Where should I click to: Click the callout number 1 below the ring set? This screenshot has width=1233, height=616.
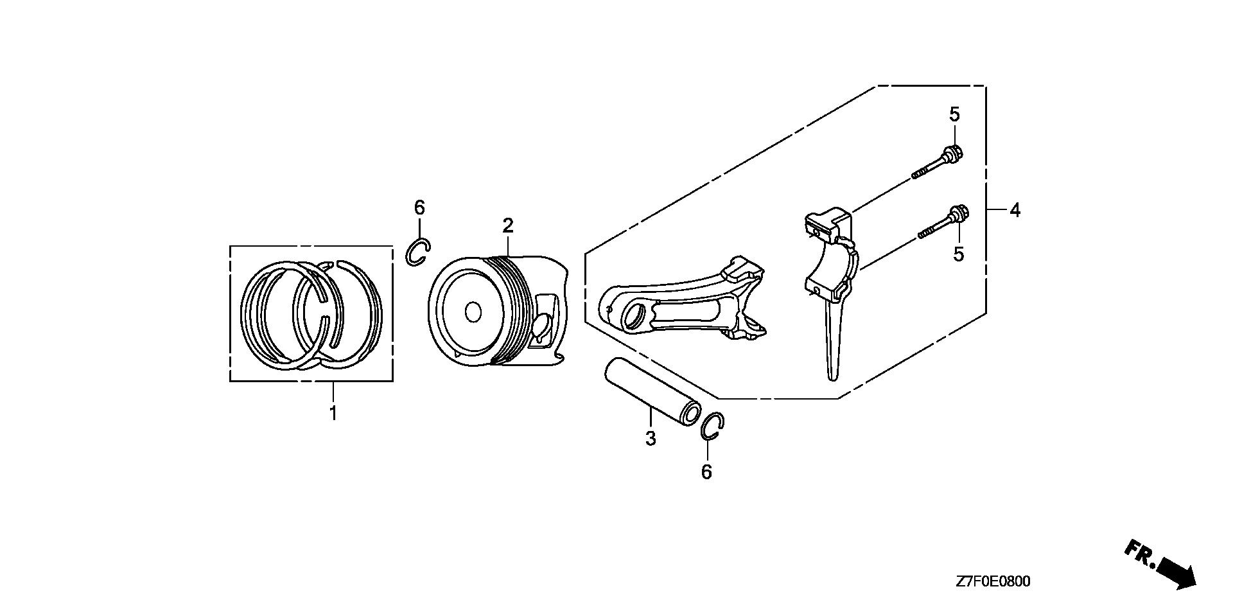click(x=333, y=412)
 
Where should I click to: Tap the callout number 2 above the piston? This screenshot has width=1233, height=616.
click(x=507, y=225)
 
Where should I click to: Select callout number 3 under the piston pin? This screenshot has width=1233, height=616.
click(x=651, y=439)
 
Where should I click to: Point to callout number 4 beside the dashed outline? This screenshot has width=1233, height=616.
click(x=1015, y=210)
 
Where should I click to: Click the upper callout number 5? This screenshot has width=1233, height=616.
click(x=955, y=115)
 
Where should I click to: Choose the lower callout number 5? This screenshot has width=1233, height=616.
click(x=958, y=254)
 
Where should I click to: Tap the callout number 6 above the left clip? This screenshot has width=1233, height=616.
click(x=419, y=207)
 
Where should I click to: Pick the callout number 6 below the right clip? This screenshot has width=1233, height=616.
click(x=706, y=472)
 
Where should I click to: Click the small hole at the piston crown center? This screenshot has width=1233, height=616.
click(x=473, y=312)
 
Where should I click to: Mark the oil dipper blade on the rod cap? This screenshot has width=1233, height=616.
click(x=832, y=340)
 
